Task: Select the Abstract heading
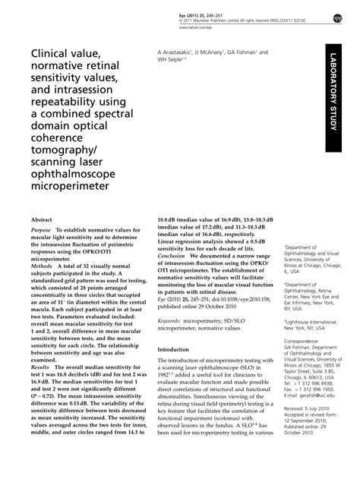(42, 217)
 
